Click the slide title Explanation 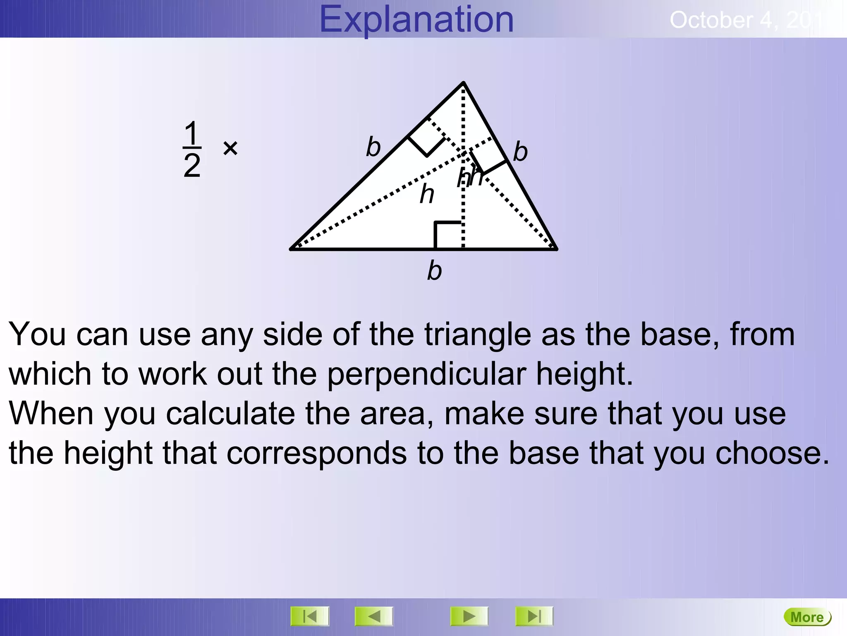[416, 19]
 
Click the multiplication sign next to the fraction [230, 148]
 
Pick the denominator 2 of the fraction [192, 166]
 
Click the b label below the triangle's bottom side [434, 271]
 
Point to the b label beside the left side [373, 147]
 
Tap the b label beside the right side [520, 152]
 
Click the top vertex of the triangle [464, 83]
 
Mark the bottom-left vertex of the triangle [292, 249]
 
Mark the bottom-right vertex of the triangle [556, 249]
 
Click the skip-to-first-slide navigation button [310, 617]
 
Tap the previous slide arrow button [374, 617]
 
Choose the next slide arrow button [469, 617]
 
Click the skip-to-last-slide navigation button [534, 617]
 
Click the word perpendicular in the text [427, 375]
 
